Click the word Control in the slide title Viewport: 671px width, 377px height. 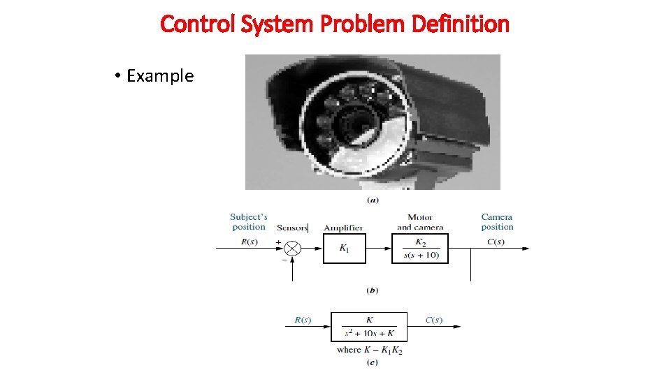pyautogui.click(x=199, y=24)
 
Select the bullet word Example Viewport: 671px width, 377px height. pyautogui.click(x=160, y=75)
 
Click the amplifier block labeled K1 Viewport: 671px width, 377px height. pyautogui.click(x=344, y=248)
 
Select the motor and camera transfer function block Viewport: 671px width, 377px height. pyautogui.click(x=420, y=248)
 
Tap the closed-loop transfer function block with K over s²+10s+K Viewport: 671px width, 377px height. pyautogui.click(x=368, y=326)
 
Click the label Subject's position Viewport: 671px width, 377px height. pyautogui.click(x=249, y=222)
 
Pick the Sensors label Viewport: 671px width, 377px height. pyautogui.click(x=292, y=228)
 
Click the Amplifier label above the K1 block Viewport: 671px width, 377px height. pyautogui.click(x=343, y=228)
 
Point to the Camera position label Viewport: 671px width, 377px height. pyautogui.click(x=497, y=222)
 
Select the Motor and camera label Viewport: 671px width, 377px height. pyautogui.click(x=420, y=222)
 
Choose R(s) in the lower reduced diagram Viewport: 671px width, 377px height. pyautogui.click(x=302, y=320)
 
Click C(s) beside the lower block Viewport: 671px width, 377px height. pyautogui.click(x=433, y=320)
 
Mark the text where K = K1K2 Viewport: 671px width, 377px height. pyautogui.click(x=369, y=350)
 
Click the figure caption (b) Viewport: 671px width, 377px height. pyautogui.click(x=373, y=290)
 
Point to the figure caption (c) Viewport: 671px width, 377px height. pyautogui.click(x=373, y=362)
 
